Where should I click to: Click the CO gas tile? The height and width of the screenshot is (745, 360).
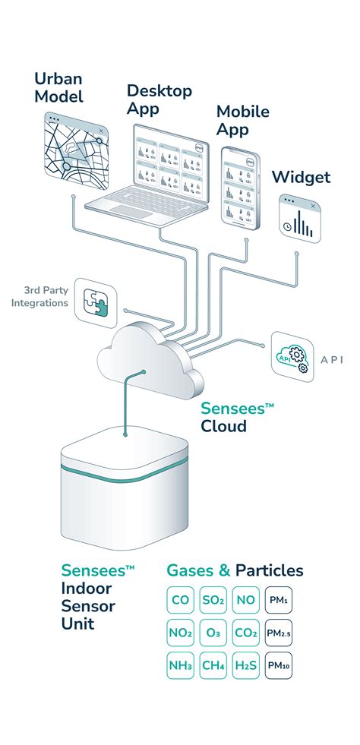tap(181, 600)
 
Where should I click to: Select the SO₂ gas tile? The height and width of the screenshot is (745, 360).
tap(213, 600)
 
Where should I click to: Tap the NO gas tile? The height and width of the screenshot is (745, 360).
tap(246, 600)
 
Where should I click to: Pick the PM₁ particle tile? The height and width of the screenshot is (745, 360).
tap(279, 600)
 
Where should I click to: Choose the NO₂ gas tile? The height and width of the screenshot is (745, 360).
tap(181, 633)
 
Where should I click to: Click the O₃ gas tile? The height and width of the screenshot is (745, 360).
tap(213, 633)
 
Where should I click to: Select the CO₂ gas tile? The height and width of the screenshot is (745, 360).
tap(246, 633)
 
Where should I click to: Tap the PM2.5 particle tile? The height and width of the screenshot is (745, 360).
tap(279, 633)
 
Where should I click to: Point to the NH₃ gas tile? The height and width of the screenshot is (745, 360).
tap(181, 665)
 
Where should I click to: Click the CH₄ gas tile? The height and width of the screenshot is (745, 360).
tap(213, 665)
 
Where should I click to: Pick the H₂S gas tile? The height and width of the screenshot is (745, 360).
tap(246, 665)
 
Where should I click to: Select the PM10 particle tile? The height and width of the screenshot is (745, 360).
tap(279, 665)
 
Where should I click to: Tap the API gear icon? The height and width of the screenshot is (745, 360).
tap(293, 355)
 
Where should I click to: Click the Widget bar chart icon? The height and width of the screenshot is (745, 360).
tap(298, 218)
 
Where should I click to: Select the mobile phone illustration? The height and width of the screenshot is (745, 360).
tap(236, 186)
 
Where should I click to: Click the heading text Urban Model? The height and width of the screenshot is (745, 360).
tap(58, 87)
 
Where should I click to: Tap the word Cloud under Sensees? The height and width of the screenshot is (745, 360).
tap(223, 426)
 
